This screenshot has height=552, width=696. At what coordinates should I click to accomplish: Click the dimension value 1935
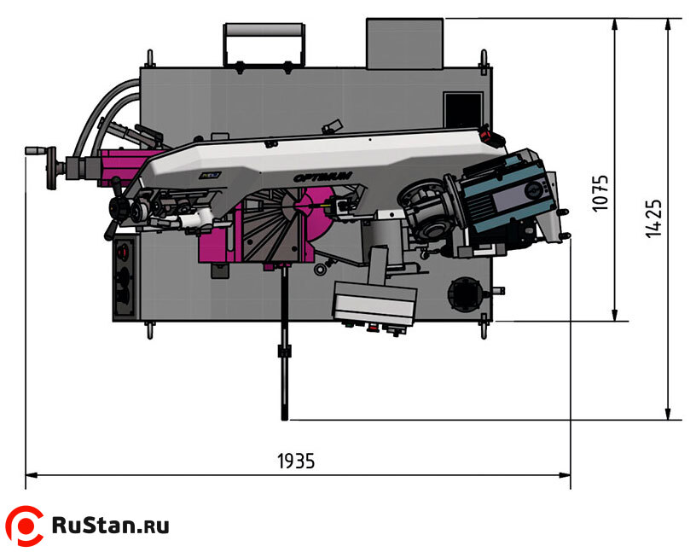click(x=296, y=461)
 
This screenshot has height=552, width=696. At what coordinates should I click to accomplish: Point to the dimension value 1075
click(x=601, y=194)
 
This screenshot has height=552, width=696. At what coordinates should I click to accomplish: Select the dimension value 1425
click(x=654, y=218)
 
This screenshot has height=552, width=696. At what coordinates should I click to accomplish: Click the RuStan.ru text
click(x=111, y=525)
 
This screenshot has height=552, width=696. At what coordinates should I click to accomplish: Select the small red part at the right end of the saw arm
click(x=487, y=134)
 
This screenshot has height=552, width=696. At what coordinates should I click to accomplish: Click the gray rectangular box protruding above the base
click(x=405, y=44)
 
